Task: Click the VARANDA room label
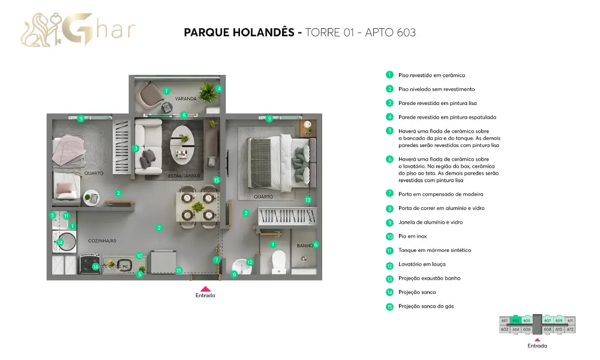(185, 99)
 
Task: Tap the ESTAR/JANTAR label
(184, 176)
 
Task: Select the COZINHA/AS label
(102, 241)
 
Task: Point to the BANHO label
(305, 245)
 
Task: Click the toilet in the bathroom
(278, 261)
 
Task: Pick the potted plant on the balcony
(209, 92)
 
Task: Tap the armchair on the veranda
(151, 95)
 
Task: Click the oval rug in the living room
(182, 145)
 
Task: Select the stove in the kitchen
(90, 263)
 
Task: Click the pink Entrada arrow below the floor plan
(205, 289)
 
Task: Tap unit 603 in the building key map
(516, 320)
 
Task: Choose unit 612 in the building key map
(570, 329)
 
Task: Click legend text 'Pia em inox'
(413, 236)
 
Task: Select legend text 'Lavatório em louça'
(422, 265)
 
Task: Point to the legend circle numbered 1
(389, 75)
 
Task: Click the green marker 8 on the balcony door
(184, 115)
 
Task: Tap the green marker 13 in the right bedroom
(308, 200)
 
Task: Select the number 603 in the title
(406, 32)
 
